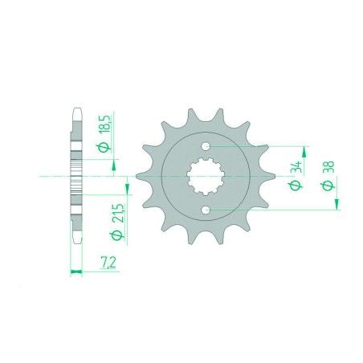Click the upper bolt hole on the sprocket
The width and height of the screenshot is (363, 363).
point(207,146)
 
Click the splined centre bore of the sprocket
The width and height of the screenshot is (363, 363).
point(207,177)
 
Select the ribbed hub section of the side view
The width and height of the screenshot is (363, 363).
point(76,177)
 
